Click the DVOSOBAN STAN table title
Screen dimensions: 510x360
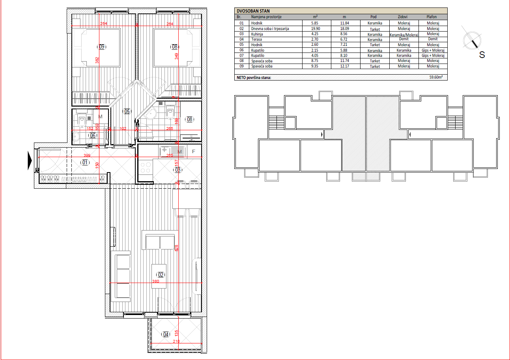click(253, 11)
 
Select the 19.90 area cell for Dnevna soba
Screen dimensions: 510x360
click(316, 29)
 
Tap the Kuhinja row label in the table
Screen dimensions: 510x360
click(257, 34)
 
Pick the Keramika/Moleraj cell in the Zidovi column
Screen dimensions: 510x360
click(404, 35)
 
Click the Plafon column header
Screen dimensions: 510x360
click(432, 17)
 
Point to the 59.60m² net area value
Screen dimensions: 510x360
click(436, 77)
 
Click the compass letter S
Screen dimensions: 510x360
click(482, 55)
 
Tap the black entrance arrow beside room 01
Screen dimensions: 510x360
click(30, 160)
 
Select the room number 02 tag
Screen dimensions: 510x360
click(161, 275)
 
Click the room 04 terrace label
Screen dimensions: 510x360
click(166, 334)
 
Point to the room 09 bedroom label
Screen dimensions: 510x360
click(102, 47)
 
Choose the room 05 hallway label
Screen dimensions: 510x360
click(127, 111)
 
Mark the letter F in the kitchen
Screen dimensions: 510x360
click(194, 152)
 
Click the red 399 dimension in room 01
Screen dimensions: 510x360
click(87, 156)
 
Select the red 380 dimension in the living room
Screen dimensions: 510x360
click(156, 281)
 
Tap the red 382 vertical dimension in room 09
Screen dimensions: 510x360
click(97, 60)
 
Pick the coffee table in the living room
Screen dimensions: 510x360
click(159, 276)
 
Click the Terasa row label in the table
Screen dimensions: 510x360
click(257, 39)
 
